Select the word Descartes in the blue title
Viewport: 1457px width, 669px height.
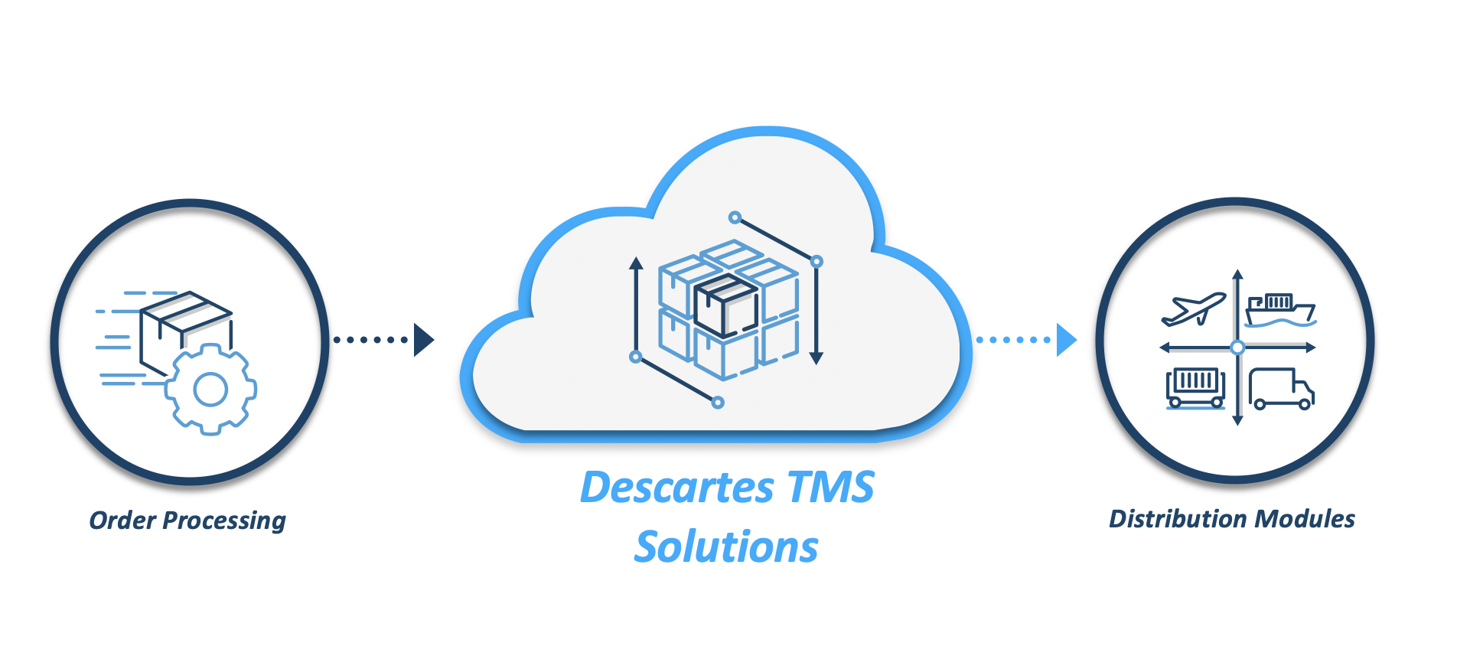(677, 488)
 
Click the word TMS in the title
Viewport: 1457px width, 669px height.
(830, 488)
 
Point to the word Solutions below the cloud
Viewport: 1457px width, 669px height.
(726, 547)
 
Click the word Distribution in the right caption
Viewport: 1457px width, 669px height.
(1178, 519)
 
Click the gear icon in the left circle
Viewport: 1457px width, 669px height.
(211, 390)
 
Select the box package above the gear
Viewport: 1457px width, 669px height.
(186, 325)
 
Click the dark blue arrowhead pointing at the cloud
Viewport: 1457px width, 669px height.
(423, 340)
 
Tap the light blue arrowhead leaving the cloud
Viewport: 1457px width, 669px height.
(1066, 340)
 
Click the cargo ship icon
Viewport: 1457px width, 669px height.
(1280, 310)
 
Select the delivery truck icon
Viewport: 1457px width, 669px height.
(1281, 389)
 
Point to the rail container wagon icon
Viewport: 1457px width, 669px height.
(1195, 387)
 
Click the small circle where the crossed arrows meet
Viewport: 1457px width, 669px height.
(1237, 348)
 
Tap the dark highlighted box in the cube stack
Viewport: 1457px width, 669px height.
(725, 306)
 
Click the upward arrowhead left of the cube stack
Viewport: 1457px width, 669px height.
(636, 264)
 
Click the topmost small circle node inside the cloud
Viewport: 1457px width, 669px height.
(735, 217)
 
